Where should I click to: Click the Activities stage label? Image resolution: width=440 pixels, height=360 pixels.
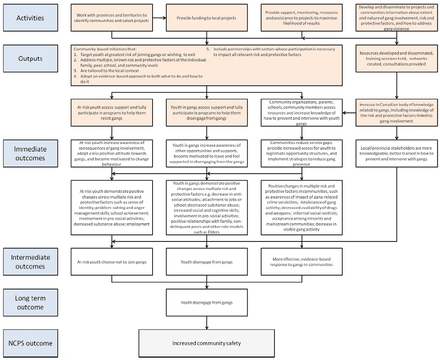(30, 18)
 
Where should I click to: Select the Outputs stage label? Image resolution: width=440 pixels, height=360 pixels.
(30, 59)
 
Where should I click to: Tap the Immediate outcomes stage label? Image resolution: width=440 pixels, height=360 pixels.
(30, 153)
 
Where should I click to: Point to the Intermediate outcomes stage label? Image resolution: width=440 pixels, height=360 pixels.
(30, 261)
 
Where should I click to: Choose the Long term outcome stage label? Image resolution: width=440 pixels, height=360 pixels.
(30, 302)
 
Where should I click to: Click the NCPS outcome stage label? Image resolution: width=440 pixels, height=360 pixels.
(30, 343)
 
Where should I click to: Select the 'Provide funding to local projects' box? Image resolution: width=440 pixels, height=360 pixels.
(207, 18)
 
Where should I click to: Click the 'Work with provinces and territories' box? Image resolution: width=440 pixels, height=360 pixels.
(112, 18)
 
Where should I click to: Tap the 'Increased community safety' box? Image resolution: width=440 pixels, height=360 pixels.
(207, 344)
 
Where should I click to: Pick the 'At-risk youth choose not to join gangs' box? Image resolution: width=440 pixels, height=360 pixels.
(112, 261)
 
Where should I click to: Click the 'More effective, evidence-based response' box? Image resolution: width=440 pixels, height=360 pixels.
(302, 261)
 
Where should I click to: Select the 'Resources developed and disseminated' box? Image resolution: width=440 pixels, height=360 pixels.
(396, 59)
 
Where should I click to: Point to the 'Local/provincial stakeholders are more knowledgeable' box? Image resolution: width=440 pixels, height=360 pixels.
(396, 153)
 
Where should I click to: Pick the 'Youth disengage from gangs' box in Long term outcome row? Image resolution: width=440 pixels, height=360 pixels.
(207, 302)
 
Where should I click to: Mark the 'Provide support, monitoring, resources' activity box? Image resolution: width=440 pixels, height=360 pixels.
(302, 18)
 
